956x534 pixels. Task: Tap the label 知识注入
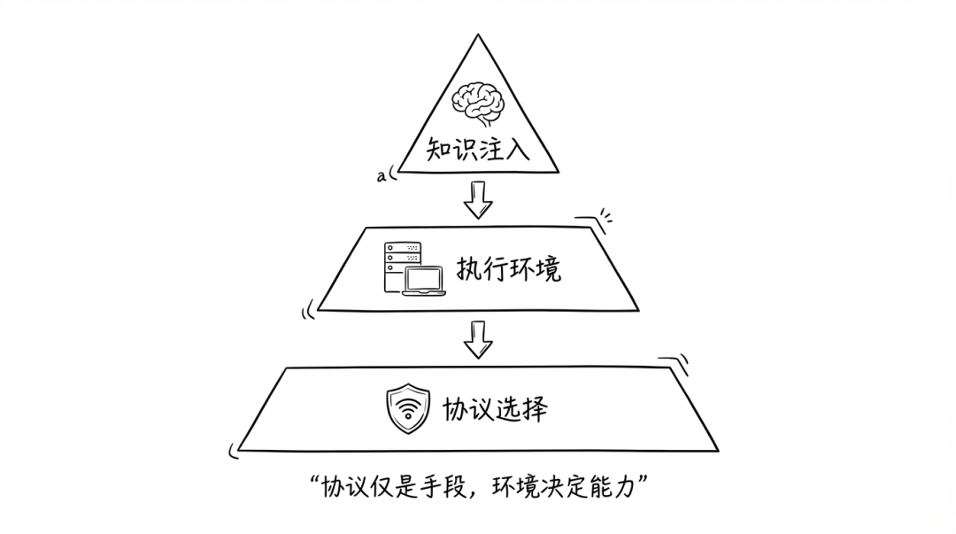478,148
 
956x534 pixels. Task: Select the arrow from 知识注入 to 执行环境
478,199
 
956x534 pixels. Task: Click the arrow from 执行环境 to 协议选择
478,339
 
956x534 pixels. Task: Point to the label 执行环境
509,269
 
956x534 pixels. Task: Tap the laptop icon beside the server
423,280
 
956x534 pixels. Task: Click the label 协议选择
496,409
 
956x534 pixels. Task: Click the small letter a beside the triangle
381,176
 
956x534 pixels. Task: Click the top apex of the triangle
478,36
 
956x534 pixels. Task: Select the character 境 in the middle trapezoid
549,269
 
